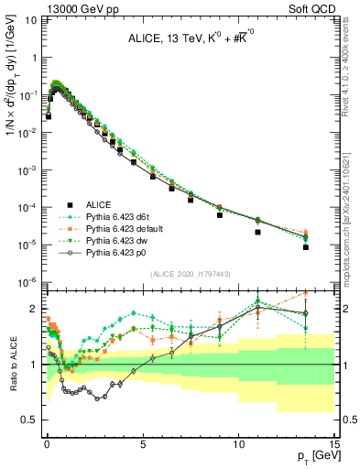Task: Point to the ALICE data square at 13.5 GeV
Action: coord(305,247)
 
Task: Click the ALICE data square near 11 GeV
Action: coord(257,232)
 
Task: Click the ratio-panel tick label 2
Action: coord(35,309)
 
